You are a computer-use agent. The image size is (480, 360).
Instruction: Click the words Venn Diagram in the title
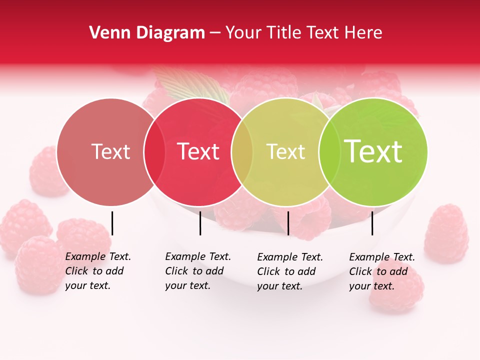(x=147, y=33)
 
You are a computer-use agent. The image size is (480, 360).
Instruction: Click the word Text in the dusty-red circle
(x=110, y=151)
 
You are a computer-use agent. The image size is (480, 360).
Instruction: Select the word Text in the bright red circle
(x=198, y=151)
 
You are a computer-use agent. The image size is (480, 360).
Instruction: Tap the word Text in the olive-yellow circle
(x=285, y=151)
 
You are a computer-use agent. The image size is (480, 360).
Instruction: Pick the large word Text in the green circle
(x=373, y=151)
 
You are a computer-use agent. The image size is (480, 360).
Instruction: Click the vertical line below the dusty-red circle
(x=112, y=223)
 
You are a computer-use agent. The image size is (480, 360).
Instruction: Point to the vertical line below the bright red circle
(x=200, y=223)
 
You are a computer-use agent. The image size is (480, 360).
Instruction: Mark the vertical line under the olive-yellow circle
(x=288, y=223)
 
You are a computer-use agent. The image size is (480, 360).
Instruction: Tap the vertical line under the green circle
(x=372, y=223)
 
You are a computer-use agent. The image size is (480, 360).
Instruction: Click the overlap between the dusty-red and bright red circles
(x=154, y=152)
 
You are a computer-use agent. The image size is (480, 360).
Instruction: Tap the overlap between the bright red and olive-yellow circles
(x=242, y=152)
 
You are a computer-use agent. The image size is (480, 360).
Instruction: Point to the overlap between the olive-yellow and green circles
(x=328, y=152)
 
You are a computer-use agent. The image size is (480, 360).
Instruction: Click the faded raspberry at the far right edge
(x=446, y=234)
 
